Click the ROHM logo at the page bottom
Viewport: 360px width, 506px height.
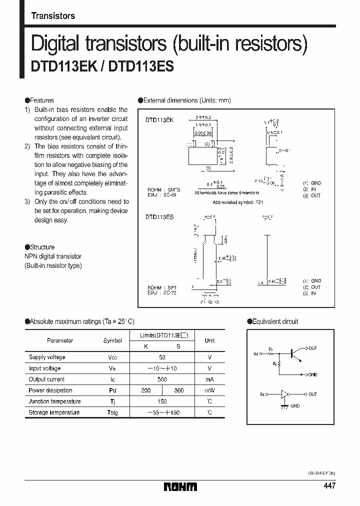coord(180,486)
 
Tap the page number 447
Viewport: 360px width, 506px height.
coord(329,486)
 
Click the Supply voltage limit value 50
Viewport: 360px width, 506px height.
coord(162,357)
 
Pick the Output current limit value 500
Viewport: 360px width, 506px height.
coord(162,379)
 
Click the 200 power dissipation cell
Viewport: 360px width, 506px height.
coord(145,390)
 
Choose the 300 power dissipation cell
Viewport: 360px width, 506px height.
coord(178,390)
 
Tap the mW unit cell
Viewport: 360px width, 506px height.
coord(209,390)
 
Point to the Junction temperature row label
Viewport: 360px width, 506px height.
coord(54,401)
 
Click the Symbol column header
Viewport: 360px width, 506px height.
coord(112,340)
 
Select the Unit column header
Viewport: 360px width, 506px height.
coord(209,340)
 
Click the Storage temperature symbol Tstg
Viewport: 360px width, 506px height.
coord(112,412)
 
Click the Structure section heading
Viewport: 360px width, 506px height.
coord(42,247)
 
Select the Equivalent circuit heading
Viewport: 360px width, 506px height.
coord(274,321)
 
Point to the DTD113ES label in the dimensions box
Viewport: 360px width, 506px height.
coord(159,217)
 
